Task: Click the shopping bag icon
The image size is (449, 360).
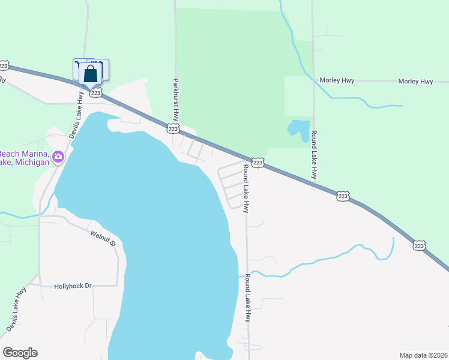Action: point(91,74)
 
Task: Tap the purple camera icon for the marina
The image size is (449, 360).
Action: point(58,157)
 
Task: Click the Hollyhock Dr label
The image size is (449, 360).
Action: point(73,286)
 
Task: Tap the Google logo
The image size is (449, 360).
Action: point(20,353)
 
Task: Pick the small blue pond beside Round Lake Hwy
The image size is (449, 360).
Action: point(298,130)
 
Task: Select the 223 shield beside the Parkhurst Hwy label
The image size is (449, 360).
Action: point(173,129)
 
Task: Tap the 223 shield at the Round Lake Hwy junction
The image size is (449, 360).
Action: point(258,163)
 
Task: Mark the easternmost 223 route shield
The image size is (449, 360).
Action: point(419,245)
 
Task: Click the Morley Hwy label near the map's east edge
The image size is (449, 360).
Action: point(418,81)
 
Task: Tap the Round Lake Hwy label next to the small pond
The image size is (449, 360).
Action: point(313,154)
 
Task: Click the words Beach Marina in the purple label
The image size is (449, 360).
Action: point(24,154)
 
